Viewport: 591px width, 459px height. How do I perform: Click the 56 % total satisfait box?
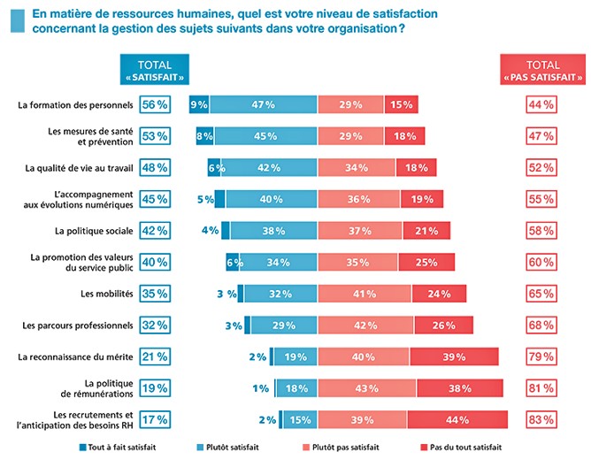155,104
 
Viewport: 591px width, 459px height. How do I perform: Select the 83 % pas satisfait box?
541,419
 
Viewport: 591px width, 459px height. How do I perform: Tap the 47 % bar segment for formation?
263,104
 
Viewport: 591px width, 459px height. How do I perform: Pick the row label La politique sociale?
95,230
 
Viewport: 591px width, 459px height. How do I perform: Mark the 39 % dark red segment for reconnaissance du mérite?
454,356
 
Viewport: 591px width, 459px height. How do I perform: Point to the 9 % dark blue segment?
198,104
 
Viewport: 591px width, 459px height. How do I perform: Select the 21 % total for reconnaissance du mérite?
155,356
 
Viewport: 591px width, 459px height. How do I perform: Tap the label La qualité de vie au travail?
81,167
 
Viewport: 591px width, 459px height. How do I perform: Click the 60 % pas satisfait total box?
541,262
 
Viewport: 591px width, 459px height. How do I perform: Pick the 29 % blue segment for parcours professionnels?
283,325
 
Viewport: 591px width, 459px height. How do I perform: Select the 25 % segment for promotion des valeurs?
426,262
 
